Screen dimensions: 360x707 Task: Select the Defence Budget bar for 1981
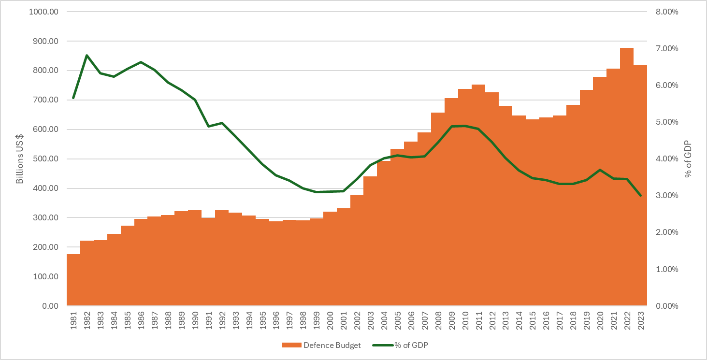tap(73, 280)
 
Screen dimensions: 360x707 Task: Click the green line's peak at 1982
tap(87, 55)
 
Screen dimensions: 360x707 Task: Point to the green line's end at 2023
tap(640, 196)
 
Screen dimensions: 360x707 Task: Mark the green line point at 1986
tap(141, 62)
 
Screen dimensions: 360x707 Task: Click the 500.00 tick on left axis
tap(45, 159)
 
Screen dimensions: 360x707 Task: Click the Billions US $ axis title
tap(20, 159)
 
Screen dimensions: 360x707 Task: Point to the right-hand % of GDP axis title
tap(688, 159)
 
